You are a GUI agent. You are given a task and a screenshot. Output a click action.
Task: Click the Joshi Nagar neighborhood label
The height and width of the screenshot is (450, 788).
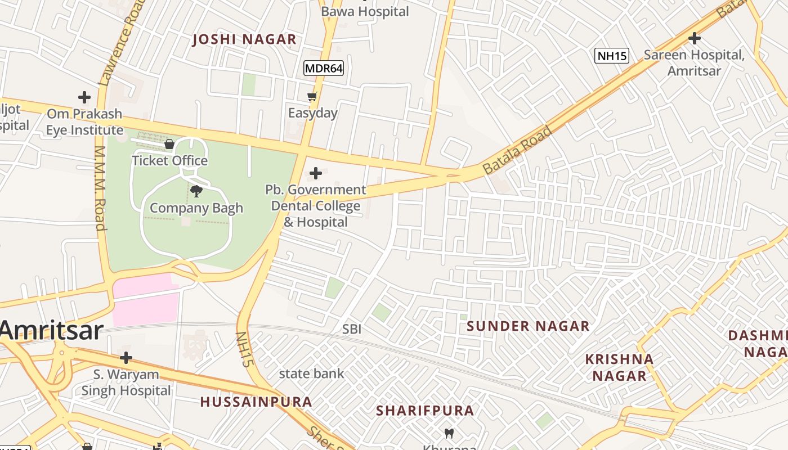point(244,39)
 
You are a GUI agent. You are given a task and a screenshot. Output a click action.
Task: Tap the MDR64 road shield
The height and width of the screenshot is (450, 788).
point(324,69)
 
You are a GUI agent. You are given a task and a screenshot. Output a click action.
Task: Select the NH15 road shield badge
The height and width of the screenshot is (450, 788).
point(612,55)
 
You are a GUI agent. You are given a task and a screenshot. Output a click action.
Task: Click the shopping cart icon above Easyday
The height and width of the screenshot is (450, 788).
point(312,97)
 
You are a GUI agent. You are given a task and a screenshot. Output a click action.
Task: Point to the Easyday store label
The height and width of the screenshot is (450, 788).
point(312,113)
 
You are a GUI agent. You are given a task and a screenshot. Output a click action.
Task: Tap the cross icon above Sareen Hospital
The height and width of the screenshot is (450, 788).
point(695,38)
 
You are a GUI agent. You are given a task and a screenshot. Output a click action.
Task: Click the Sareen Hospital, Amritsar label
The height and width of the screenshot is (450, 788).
point(694,63)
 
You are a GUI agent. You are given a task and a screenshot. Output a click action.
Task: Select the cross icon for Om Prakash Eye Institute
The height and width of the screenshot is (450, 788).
point(84,97)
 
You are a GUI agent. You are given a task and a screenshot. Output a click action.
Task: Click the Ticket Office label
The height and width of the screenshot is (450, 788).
point(169,161)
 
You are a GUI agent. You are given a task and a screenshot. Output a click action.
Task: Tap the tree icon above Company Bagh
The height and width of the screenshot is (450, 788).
point(196,191)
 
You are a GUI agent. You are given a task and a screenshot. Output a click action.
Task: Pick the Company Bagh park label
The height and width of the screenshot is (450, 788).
point(196,208)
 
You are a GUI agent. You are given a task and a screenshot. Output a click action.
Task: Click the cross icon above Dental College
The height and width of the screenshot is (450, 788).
point(316,173)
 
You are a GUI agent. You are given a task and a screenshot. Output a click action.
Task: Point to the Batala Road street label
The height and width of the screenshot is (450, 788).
point(517,150)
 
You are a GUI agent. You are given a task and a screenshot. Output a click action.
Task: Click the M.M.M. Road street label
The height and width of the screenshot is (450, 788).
point(100,188)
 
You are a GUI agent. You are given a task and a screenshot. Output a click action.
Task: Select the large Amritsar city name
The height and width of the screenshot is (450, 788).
point(52,331)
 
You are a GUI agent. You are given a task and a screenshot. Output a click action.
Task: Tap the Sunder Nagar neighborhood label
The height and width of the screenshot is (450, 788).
point(528,326)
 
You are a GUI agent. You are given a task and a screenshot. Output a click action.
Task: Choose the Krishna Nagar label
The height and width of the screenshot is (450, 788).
point(619,367)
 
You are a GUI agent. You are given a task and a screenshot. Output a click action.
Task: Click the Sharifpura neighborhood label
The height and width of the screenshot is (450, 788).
point(425,411)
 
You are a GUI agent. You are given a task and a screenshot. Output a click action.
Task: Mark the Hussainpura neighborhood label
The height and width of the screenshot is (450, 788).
point(256,402)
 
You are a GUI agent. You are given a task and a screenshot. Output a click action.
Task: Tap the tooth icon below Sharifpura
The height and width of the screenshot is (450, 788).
point(449,433)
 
